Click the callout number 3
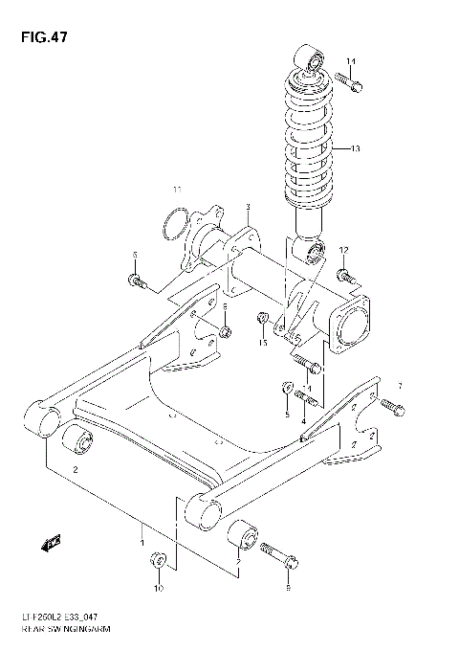click(247, 208)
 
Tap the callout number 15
click(263, 342)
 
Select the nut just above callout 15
click(262, 318)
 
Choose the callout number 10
click(160, 587)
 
